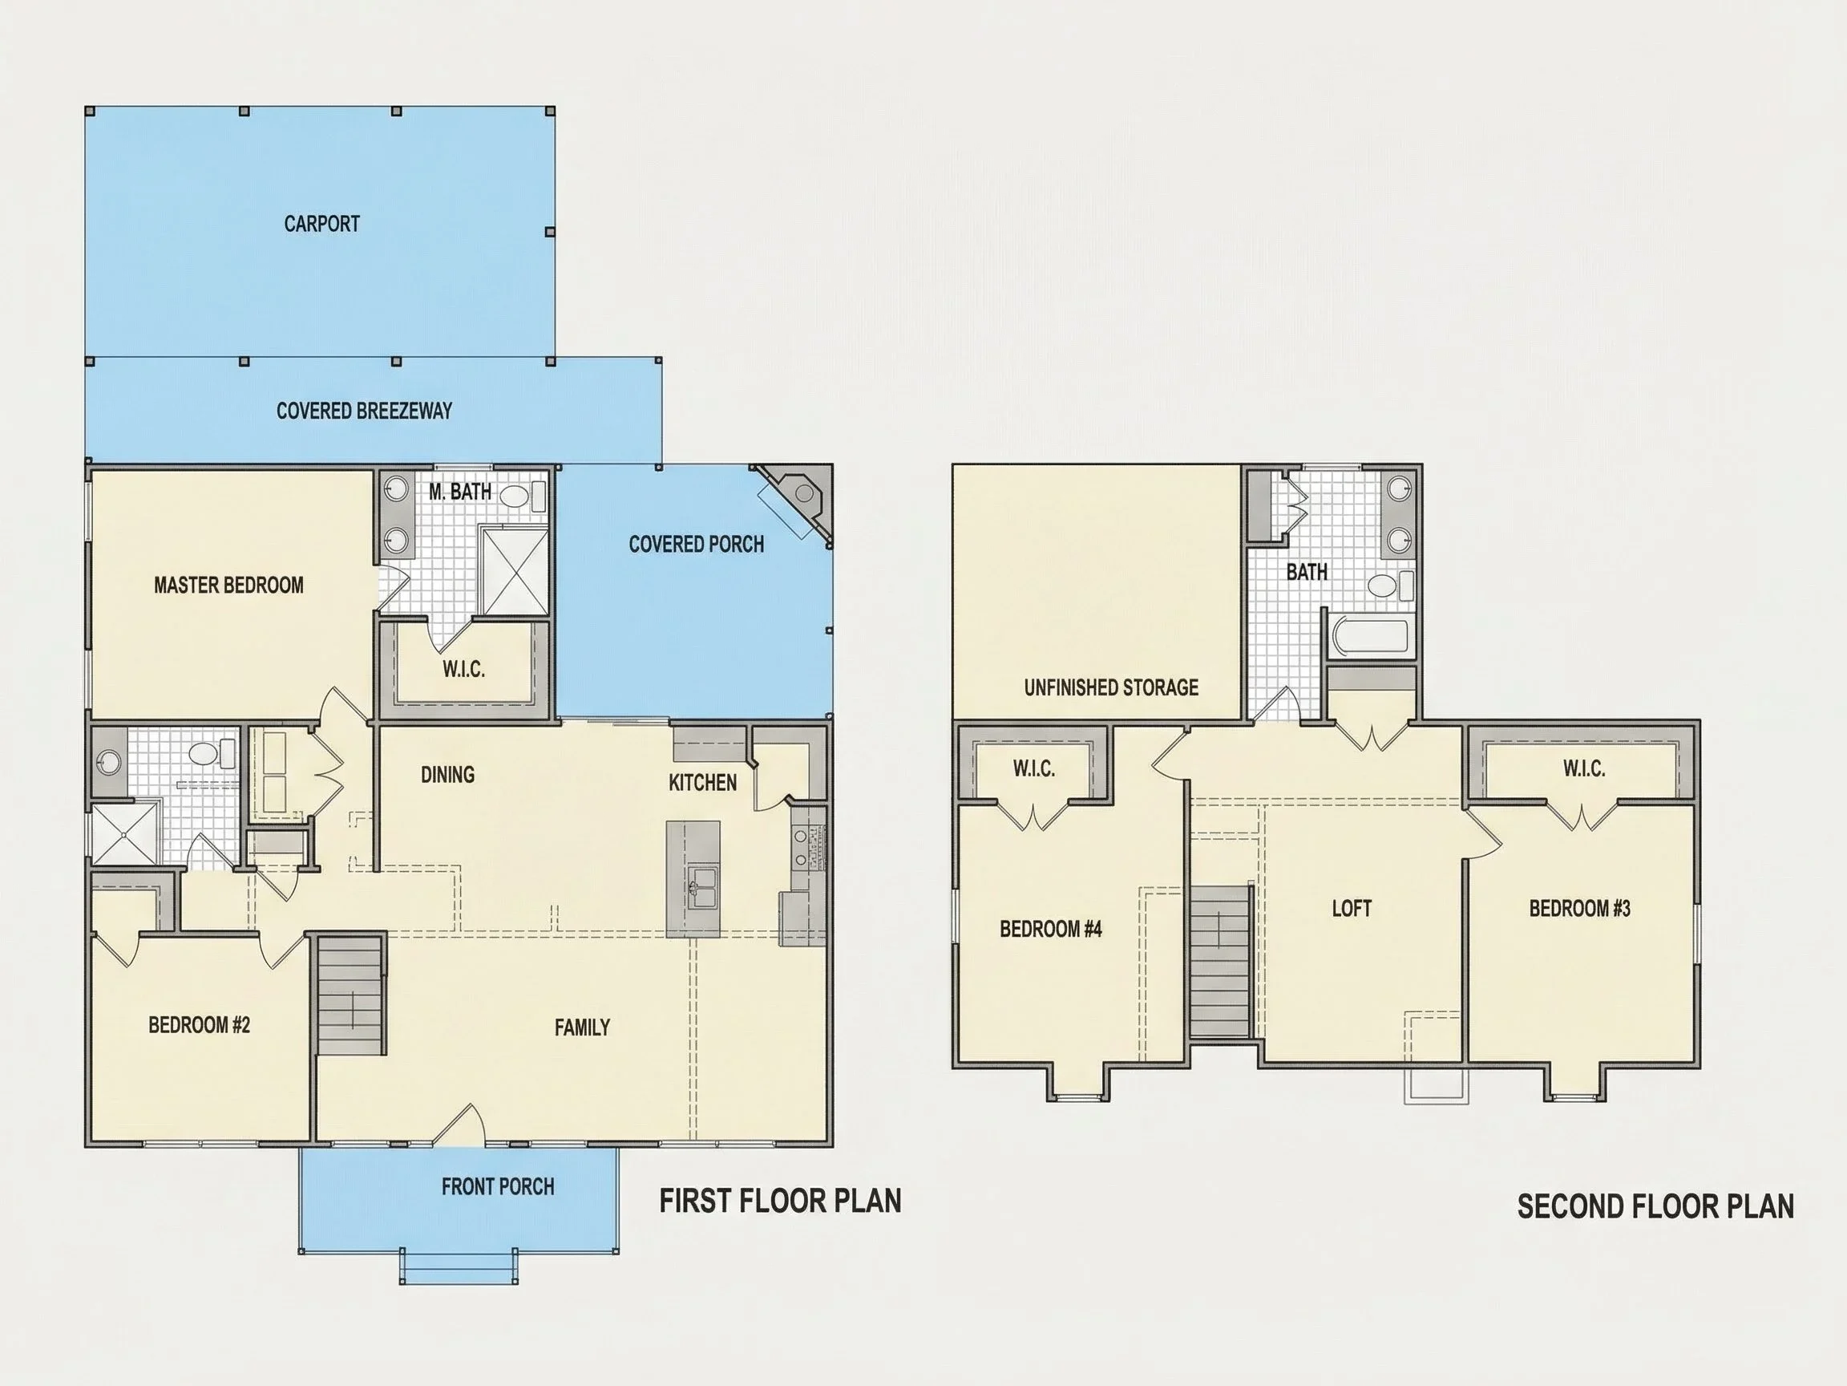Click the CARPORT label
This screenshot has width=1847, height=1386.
click(x=321, y=224)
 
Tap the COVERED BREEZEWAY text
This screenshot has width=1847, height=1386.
click(x=364, y=410)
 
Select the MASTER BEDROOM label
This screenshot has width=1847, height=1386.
click(x=228, y=585)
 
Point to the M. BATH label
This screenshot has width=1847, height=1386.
click(x=460, y=491)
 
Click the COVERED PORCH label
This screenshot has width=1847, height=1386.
click(x=697, y=544)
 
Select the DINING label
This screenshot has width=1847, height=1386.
click(x=447, y=775)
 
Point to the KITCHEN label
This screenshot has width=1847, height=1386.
click(x=702, y=783)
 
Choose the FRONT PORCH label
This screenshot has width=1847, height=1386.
click(x=498, y=1186)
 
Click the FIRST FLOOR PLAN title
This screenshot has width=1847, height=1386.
click(x=781, y=1202)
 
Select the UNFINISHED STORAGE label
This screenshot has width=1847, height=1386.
click(x=1111, y=687)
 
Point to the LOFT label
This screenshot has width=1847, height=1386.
click(x=1352, y=908)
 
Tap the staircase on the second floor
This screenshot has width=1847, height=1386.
click(x=1220, y=962)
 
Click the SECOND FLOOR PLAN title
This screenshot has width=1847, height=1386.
click(x=1655, y=1206)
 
